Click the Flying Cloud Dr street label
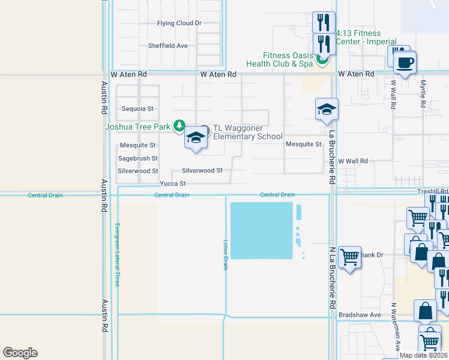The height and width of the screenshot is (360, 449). coord(179,23)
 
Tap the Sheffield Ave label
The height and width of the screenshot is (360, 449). coord(168,46)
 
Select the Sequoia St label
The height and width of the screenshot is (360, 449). coord(138,109)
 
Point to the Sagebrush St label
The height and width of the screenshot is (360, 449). coord(138,158)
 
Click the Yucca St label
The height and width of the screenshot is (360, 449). coord(173,184)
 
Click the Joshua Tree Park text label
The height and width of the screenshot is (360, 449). coord(137,127)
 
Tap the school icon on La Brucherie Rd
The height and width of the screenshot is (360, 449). coord(327,110)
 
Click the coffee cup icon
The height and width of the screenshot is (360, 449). coord(405,62)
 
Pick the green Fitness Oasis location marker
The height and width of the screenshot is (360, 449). coord(323,59)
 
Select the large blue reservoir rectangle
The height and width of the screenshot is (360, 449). coord(261,230)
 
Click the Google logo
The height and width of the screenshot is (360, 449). coord(20,353)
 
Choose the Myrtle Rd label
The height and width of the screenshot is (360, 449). coord(423,94)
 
